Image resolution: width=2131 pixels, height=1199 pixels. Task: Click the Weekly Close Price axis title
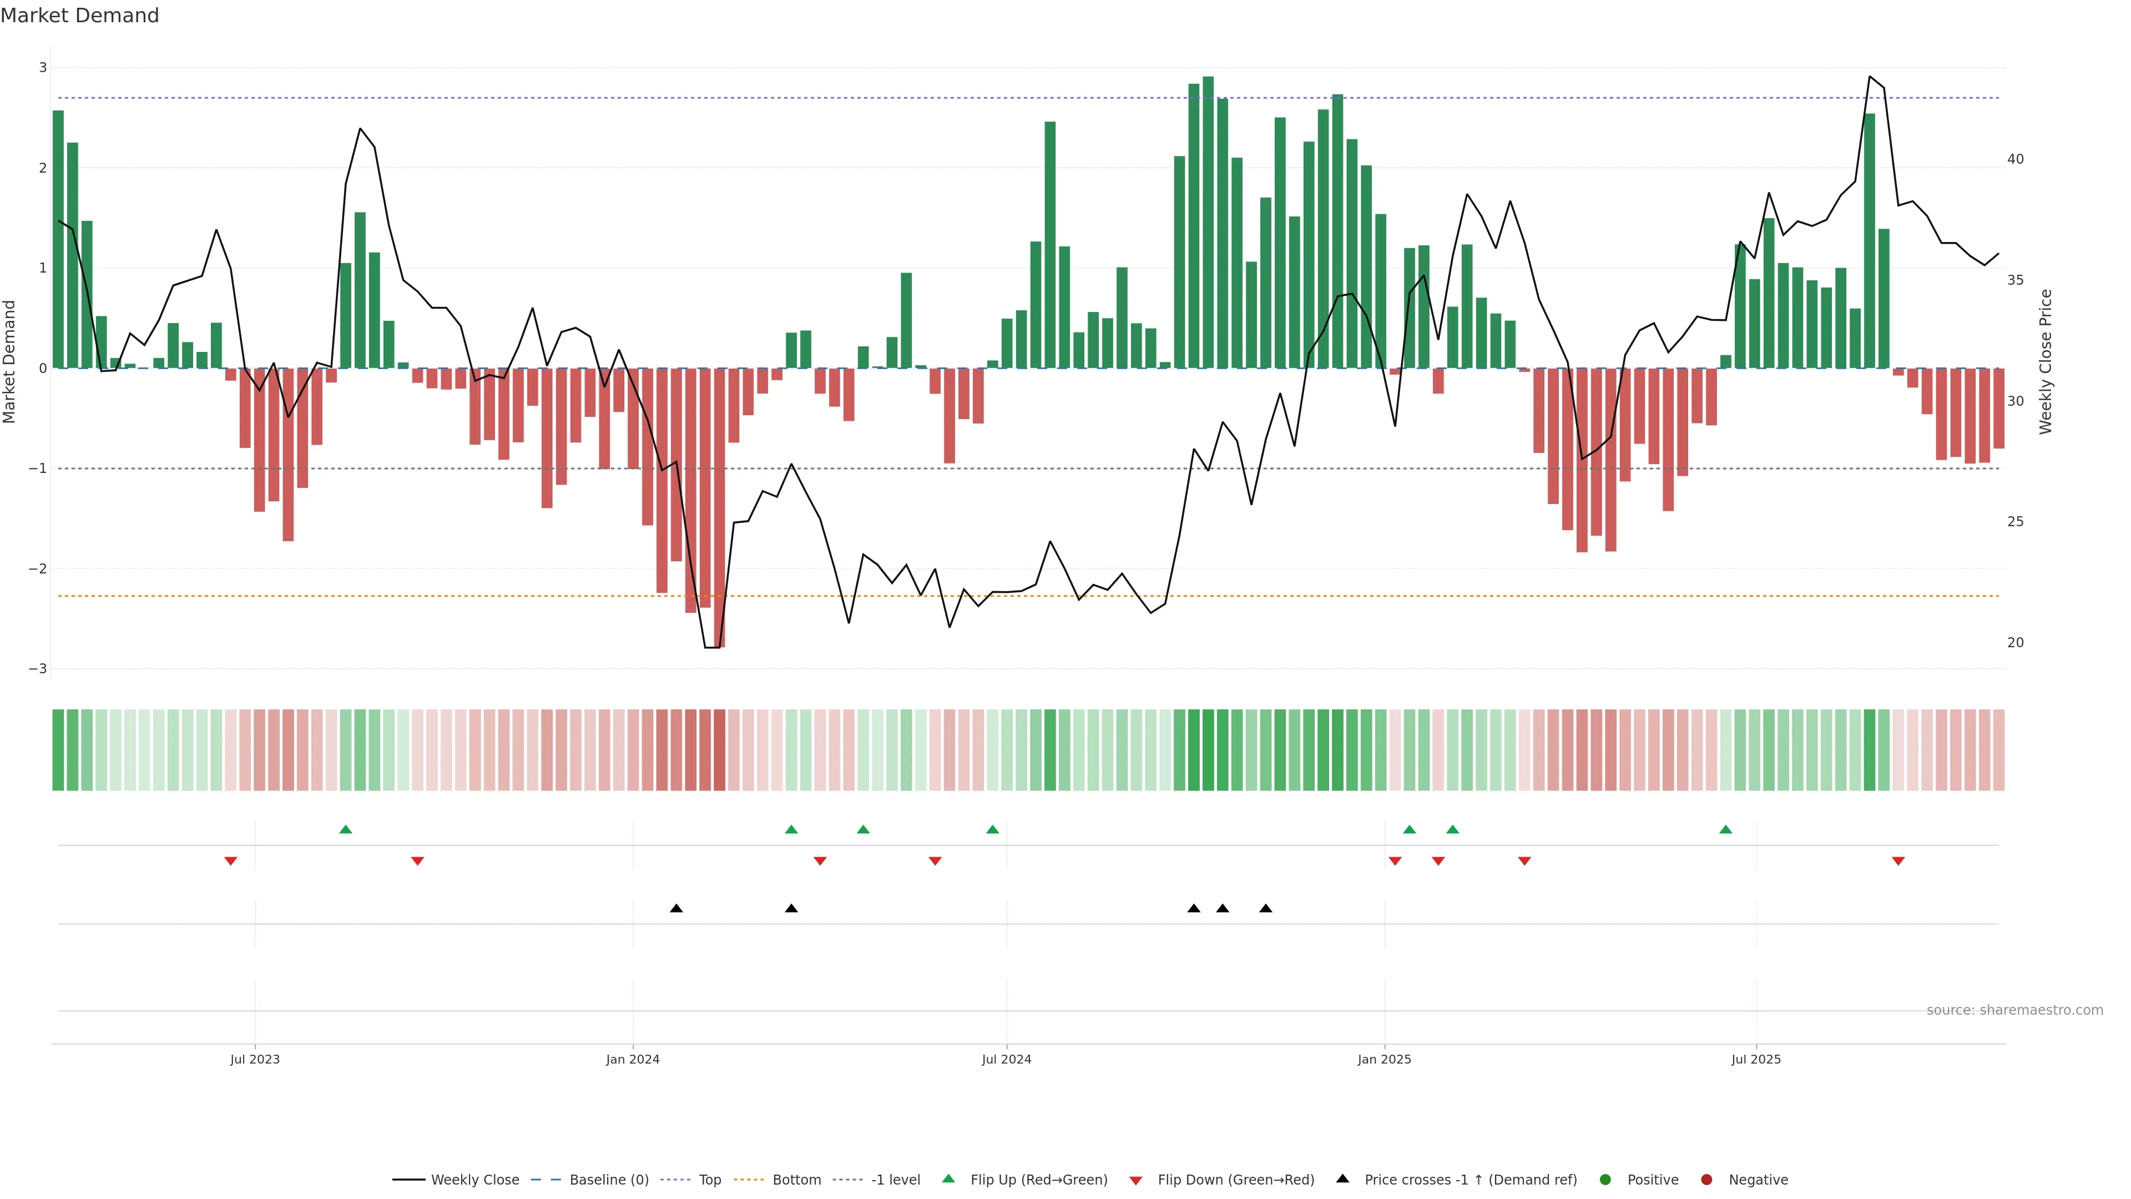pyautogui.click(x=2045, y=361)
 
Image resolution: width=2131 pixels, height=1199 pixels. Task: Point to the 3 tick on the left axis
pyautogui.click(x=43, y=68)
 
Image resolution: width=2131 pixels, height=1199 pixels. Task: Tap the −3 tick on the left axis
pyautogui.click(x=38, y=668)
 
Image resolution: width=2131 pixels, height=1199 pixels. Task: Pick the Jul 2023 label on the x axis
pyautogui.click(x=255, y=1059)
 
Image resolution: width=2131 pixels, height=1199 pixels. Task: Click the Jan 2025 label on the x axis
pyautogui.click(x=1384, y=1059)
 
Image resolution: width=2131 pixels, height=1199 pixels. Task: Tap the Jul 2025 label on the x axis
pyautogui.click(x=1755, y=1059)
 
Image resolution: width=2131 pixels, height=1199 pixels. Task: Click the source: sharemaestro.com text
pyautogui.click(x=2014, y=1010)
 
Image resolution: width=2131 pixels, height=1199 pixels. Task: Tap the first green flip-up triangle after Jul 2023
pyautogui.click(x=346, y=829)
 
